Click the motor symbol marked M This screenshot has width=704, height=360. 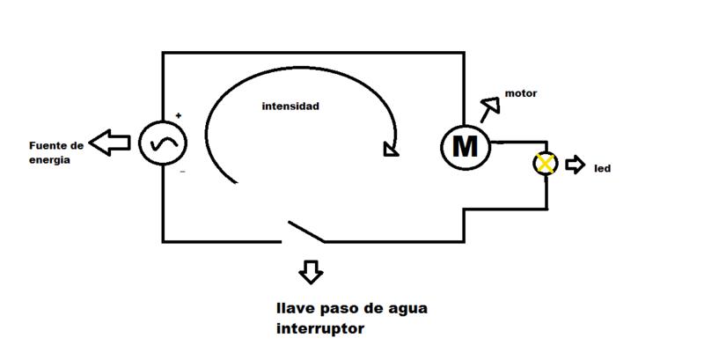[x=464, y=145]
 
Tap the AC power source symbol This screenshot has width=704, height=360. [x=163, y=144]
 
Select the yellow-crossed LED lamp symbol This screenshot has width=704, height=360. [x=546, y=164]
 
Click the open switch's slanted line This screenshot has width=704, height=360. [x=304, y=230]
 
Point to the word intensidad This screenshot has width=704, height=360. [x=290, y=107]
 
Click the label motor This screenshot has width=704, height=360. [x=521, y=93]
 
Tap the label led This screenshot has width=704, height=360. [x=603, y=167]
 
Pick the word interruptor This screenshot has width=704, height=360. [x=318, y=330]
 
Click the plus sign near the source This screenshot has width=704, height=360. [x=179, y=115]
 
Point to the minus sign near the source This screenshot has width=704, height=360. [x=182, y=173]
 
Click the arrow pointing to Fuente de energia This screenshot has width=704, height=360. [x=112, y=143]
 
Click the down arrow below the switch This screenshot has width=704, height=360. [x=311, y=271]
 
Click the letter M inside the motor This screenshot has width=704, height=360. [x=464, y=146]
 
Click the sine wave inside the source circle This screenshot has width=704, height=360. [x=163, y=144]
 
